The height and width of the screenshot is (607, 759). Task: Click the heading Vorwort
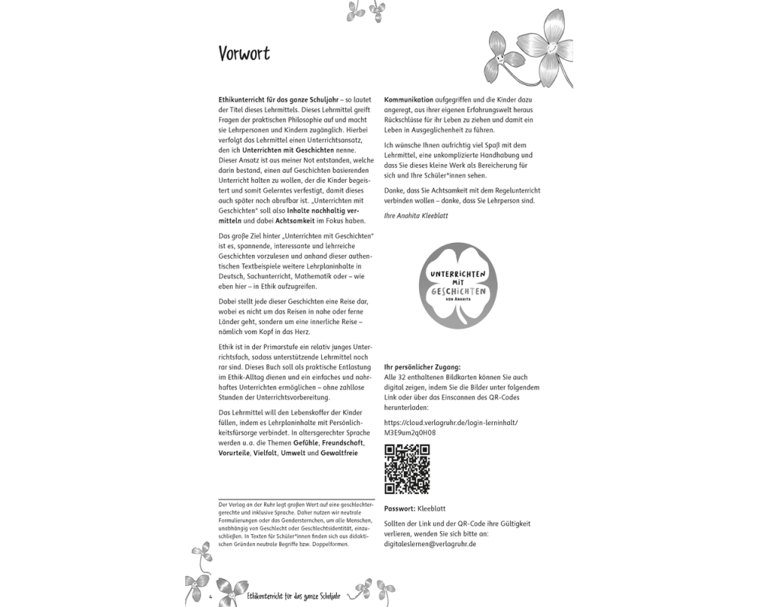point(244,54)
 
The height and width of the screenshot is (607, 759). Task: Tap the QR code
point(407,469)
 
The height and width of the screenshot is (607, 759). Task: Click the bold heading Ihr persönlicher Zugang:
point(422,367)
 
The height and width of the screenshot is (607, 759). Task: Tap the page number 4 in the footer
point(209,596)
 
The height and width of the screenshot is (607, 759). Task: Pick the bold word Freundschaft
point(343,442)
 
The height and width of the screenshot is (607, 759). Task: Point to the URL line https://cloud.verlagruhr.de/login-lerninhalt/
point(451,421)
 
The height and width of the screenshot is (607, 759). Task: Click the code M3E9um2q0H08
point(410,432)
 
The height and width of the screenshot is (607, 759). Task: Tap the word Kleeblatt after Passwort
point(433,508)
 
